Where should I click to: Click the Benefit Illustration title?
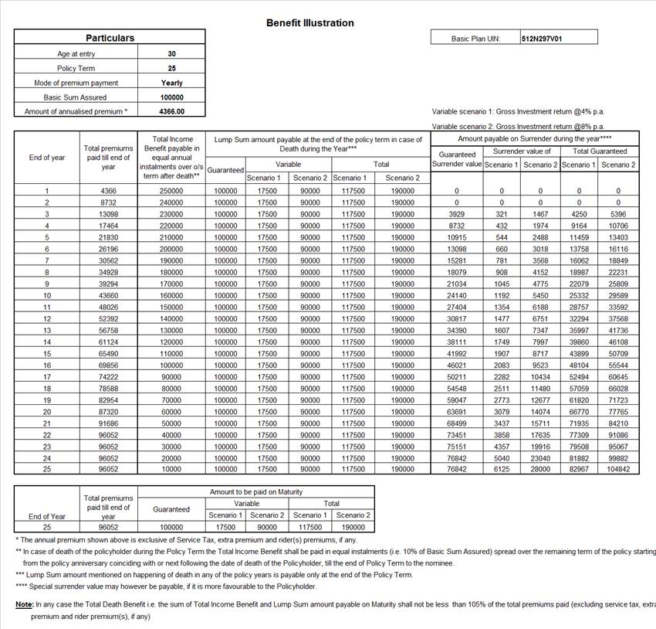[309, 23]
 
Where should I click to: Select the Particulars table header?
[110, 38]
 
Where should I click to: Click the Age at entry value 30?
[171, 54]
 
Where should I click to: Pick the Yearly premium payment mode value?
[172, 83]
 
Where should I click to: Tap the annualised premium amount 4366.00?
[171, 111]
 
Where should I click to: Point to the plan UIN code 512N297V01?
[542, 38]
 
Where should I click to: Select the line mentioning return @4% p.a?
[518, 111]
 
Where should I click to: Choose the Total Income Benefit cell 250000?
[172, 191]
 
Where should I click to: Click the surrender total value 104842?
[618, 469]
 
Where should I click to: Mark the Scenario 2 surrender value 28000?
[540, 469]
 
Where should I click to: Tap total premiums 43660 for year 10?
[108, 295]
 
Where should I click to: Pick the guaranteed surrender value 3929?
[457, 214]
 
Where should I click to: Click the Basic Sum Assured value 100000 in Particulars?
[172, 97]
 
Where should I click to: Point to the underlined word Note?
[24, 603]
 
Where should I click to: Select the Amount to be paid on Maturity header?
[256, 492]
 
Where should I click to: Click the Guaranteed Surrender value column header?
[457, 159]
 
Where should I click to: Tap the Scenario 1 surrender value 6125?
[502, 469]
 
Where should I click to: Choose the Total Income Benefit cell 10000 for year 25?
[172, 469]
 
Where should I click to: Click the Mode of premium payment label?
[76, 83]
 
